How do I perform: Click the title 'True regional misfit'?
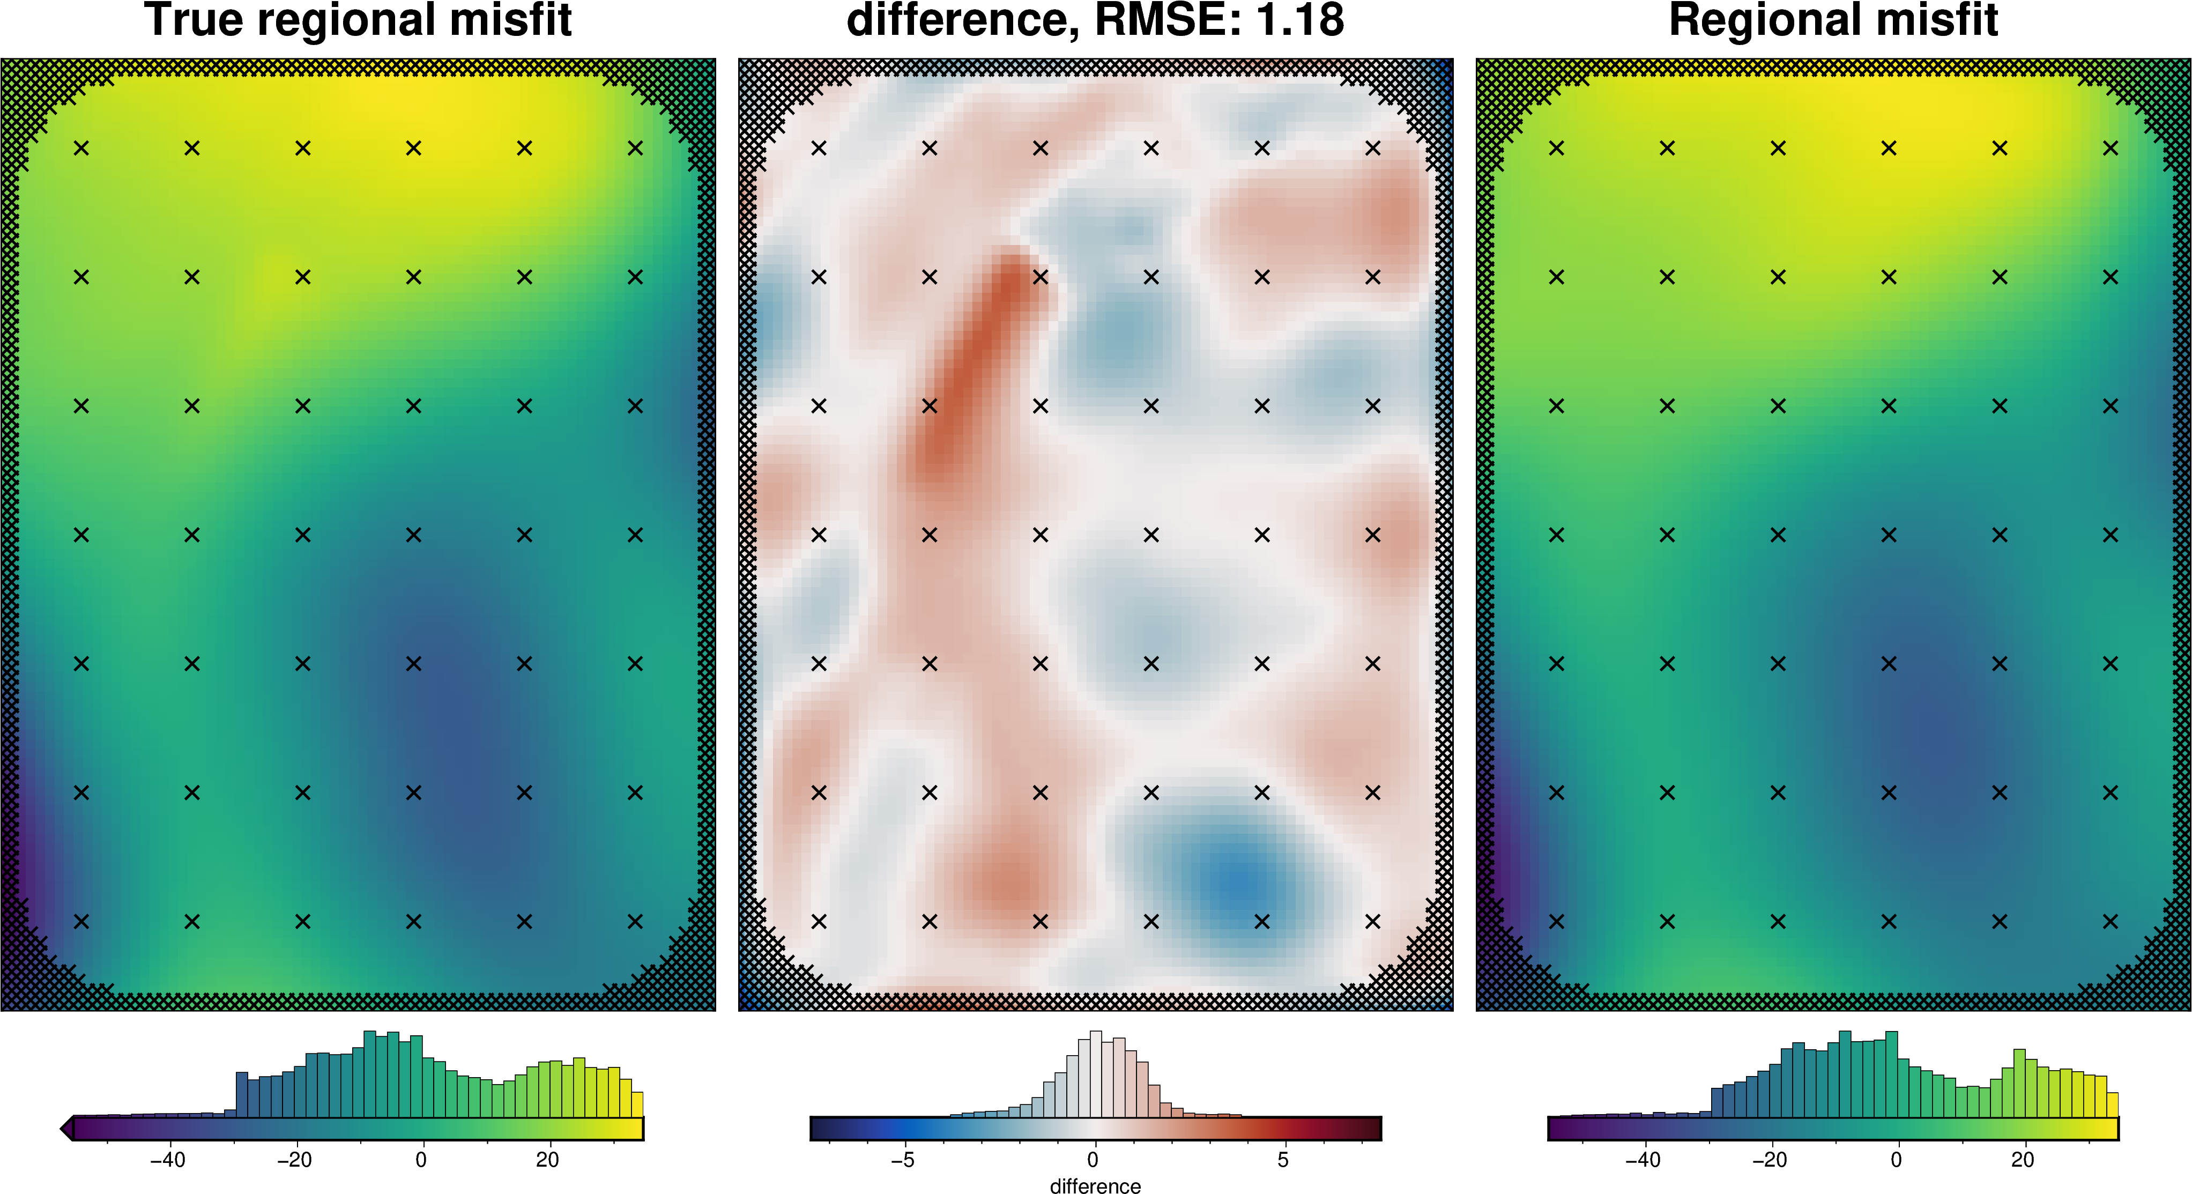pos(358,20)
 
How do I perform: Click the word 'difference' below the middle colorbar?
pos(1095,1185)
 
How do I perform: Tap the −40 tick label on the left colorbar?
pos(168,1160)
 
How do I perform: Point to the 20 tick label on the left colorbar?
pos(547,1160)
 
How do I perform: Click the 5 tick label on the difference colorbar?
pos(1283,1160)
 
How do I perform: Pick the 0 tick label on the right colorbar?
pos(1896,1160)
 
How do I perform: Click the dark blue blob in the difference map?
pos(1238,881)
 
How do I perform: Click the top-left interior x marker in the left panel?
pos(81,148)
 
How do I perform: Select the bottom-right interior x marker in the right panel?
pos(2111,921)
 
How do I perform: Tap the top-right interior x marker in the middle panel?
pos(1372,148)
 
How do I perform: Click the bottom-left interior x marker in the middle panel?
pos(819,921)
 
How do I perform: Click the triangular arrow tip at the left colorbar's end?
pos(65,1129)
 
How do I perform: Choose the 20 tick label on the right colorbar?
pos(2023,1160)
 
